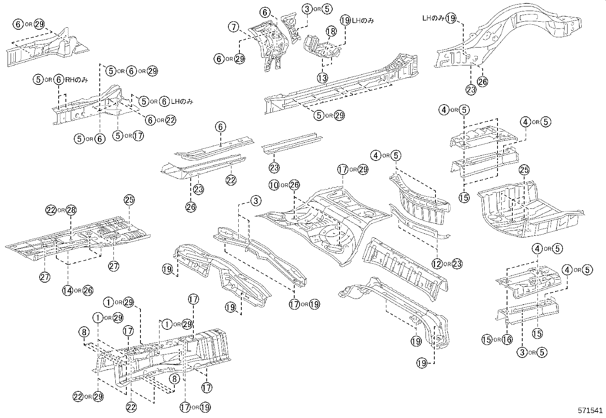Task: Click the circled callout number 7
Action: click(234, 27)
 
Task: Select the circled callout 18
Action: click(331, 32)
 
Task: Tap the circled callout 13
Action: click(322, 78)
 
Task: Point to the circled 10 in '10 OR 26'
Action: click(274, 185)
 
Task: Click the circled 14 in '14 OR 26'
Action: click(68, 291)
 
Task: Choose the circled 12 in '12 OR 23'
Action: click(437, 263)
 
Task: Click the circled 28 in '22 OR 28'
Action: click(71, 210)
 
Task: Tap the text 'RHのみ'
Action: click(77, 80)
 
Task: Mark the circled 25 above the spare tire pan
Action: click(524, 170)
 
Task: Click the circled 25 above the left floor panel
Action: click(129, 200)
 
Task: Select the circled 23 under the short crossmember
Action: click(274, 167)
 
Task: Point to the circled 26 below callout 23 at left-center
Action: click(191, 207)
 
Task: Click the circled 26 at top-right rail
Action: click(483, 82)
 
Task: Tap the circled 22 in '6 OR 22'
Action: click(171, 120)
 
